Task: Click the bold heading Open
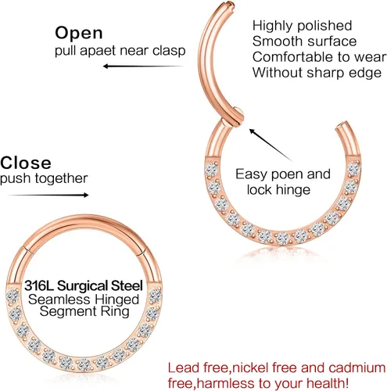(79, 33)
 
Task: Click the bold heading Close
(26, 163)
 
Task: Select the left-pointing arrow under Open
(144, 66)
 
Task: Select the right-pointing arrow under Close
(48, 195)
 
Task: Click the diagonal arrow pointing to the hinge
(271, 145)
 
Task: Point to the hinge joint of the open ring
(233, 118)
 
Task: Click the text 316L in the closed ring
(40, 285)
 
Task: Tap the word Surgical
(83, 285)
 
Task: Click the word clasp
(169, 51)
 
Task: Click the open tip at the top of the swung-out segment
(230, 4)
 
